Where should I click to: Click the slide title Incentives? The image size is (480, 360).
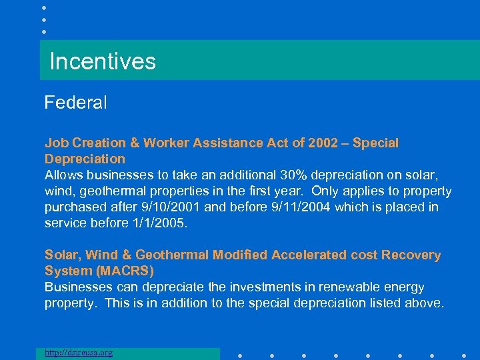click(103, 61)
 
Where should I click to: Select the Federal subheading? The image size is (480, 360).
click(75, 103)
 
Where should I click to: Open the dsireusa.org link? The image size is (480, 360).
click(79, 353)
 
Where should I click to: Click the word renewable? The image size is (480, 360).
click(350, 287)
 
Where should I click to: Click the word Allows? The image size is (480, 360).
click(63, 175)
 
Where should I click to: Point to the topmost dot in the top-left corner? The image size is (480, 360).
click(43, 7)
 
